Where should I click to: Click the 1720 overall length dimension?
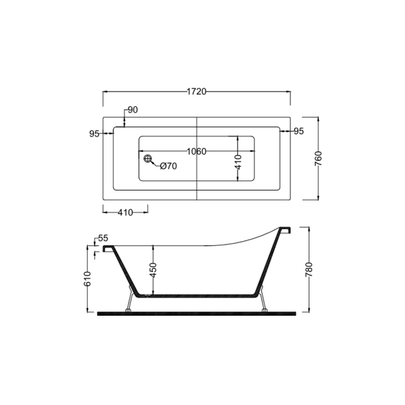point(197,92)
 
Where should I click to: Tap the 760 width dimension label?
point(319,159)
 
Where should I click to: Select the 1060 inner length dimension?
point(197,151)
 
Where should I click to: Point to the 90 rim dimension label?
point(133,110)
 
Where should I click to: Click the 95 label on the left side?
point(95,134)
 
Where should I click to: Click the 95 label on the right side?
point(299,131)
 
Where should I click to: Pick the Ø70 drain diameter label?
point(169,166)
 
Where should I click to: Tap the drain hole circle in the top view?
point(148,159)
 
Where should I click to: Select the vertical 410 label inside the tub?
point(238,162)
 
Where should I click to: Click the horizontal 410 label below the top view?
point(125,212)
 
